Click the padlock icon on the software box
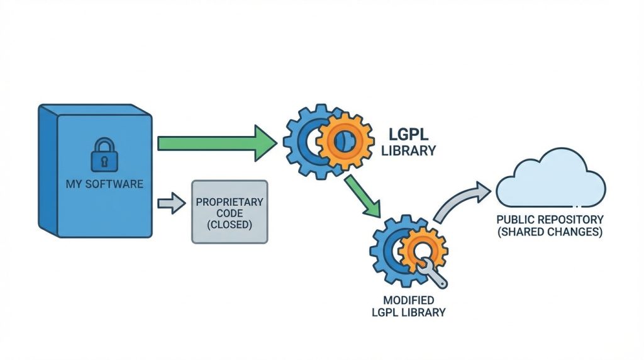tap(104, 154)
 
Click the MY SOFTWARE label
tap(104, 184)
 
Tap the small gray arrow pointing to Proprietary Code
tap(169, 203)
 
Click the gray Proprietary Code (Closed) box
tap(229, 211)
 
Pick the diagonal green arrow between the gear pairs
tap(364, 196)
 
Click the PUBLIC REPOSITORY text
tap(550, 220)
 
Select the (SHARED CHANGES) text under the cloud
tap(550, 232)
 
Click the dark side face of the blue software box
tap(47, 170)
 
